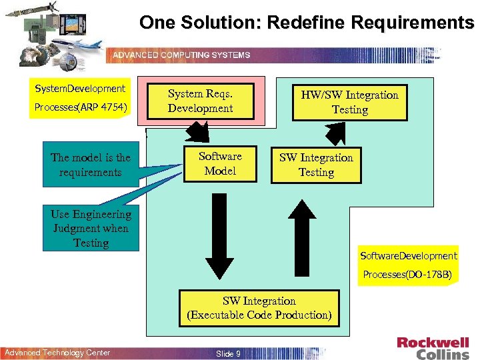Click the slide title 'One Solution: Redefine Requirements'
pyautogui.click(x=307, y=23)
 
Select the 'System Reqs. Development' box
pyautogui.click(x=200, y=101)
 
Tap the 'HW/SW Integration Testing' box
pyautogui.click(x=350, y=102)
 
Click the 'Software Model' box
pyautogui.click(x=220, y=163)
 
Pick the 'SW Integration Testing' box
pyautogui.click(x=316, y=165)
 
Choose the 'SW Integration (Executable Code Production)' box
pyautogui.click(x=259, y=308)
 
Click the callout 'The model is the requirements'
pyautogui.click(x=91, y=165)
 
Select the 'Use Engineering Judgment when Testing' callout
pyautogui.click(x=91, y=228)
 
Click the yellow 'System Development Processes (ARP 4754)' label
pyautogui.click(x=80, y=97)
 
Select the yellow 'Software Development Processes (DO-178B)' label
pyautogui.click(x=409, y=265)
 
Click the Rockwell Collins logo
pyautogui.click(x=433, y=348)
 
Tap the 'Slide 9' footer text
pyautogui.click(x=229, y=353)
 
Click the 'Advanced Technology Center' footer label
pyautogui.click(x=58, y=353)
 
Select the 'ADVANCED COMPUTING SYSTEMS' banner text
pyautogui.click(x=181, y=55)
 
